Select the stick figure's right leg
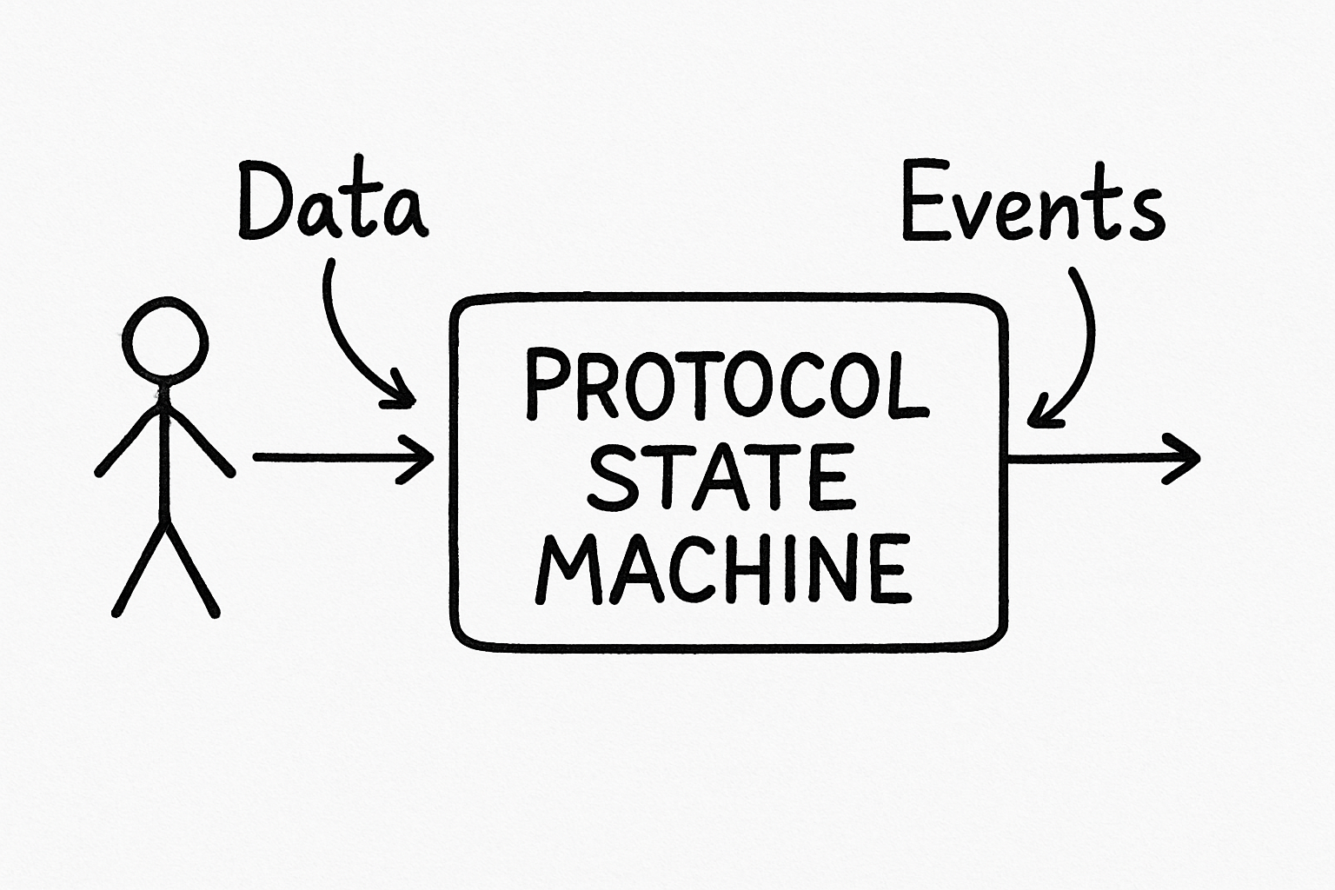[x=193, y=569]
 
